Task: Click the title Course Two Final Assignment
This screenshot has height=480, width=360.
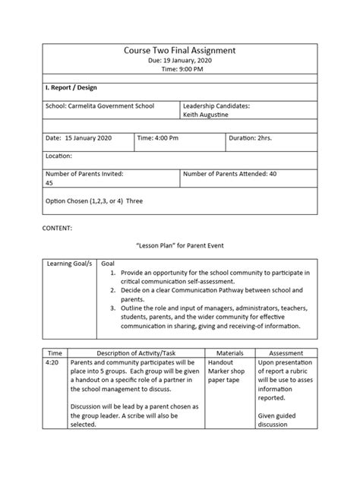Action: (x=179, y=50)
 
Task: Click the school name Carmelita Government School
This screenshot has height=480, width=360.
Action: (x=100, y=106)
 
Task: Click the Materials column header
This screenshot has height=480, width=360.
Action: (x=229, y=353)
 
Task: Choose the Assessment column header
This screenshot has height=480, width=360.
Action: (x=286, y=353)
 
